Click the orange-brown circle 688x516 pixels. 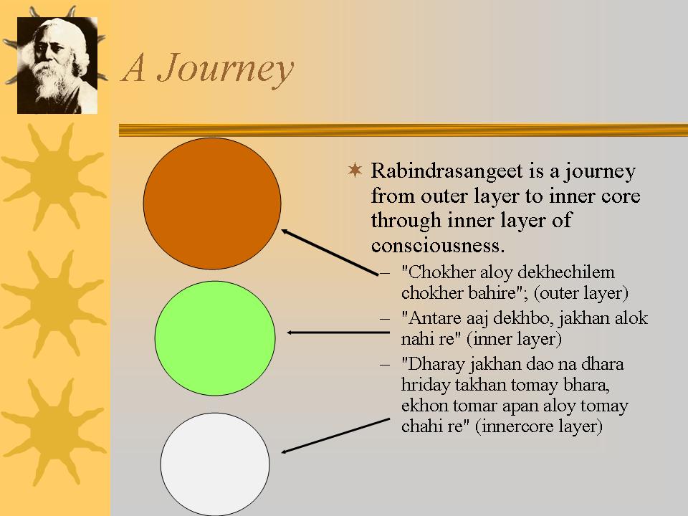tap(212, 203)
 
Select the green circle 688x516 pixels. tap(215, 338)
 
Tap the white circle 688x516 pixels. tap(215, 464)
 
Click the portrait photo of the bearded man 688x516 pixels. tap(57, 65)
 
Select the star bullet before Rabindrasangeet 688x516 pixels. tap(355, 170)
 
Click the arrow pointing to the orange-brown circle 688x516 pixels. tap(330, 252)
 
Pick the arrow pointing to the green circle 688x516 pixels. tap(338, 333)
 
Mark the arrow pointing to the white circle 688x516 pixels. tap(335, 436)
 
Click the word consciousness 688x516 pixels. tap(438, 245)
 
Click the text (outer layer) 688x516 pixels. tap(581, 293)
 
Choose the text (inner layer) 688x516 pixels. tap(514, 339)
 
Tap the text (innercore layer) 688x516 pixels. tap(539, 426)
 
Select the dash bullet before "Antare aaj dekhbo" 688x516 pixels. tap(385, 319)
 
